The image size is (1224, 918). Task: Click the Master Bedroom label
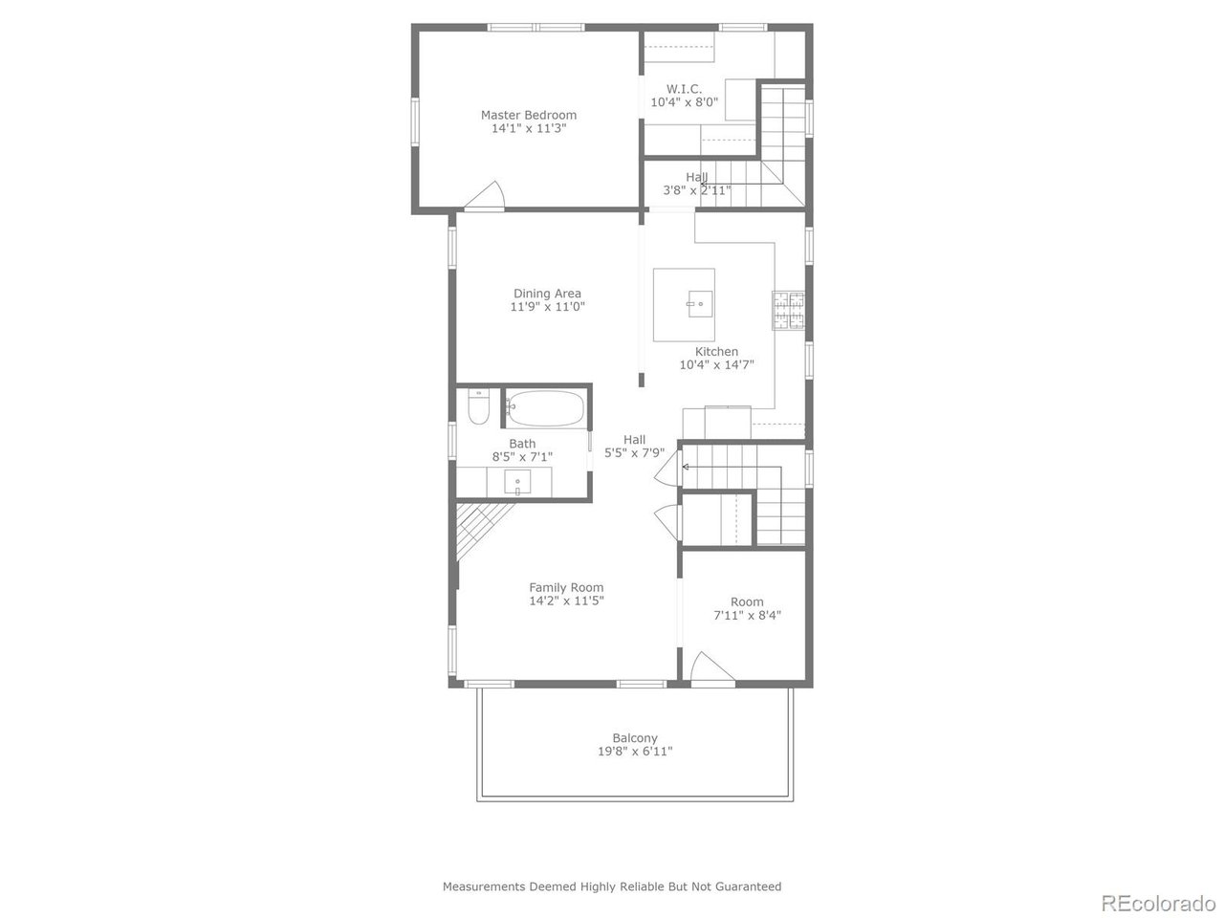528,115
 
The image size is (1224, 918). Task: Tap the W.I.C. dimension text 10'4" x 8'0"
684,101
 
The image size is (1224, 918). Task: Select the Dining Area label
547,294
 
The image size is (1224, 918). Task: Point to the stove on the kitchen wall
788,310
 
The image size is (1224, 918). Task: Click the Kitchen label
716,352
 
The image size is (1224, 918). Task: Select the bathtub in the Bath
544,409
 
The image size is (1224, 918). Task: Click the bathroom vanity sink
519,483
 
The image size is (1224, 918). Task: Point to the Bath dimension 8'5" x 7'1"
522,457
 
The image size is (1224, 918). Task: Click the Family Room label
566,588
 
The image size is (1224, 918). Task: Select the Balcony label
635,738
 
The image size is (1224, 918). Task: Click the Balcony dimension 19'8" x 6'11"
635,752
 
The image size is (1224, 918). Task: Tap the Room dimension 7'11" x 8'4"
747,616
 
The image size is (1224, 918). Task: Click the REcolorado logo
1157,902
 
